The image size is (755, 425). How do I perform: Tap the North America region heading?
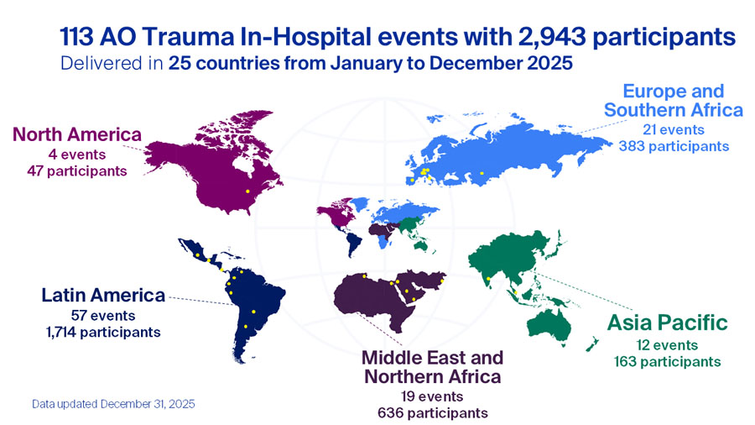tap(78, 135)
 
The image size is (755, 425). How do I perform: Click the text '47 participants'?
tap(78, 171)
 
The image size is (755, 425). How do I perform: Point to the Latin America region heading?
tap(103, 295)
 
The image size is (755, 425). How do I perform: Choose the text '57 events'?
tap(103, 315)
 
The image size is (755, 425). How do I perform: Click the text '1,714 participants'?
tap(103, 332)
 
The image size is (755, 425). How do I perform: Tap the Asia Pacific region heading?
tap(667, 323)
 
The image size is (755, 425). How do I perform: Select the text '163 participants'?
tap(667, 362)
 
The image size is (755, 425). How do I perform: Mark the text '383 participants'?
tap(674, 146)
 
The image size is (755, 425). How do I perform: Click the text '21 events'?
tap(674, 129)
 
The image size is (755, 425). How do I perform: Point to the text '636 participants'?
tap(433, 412)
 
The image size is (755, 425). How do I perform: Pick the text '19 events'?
tap(433, 396)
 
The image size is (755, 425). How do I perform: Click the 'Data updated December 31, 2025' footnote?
tap(113, 404)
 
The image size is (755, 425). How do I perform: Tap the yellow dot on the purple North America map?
tap(247, 192)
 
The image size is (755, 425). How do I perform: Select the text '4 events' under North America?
tap(78, 154)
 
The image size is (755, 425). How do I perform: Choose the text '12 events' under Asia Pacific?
tap(667, 345)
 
